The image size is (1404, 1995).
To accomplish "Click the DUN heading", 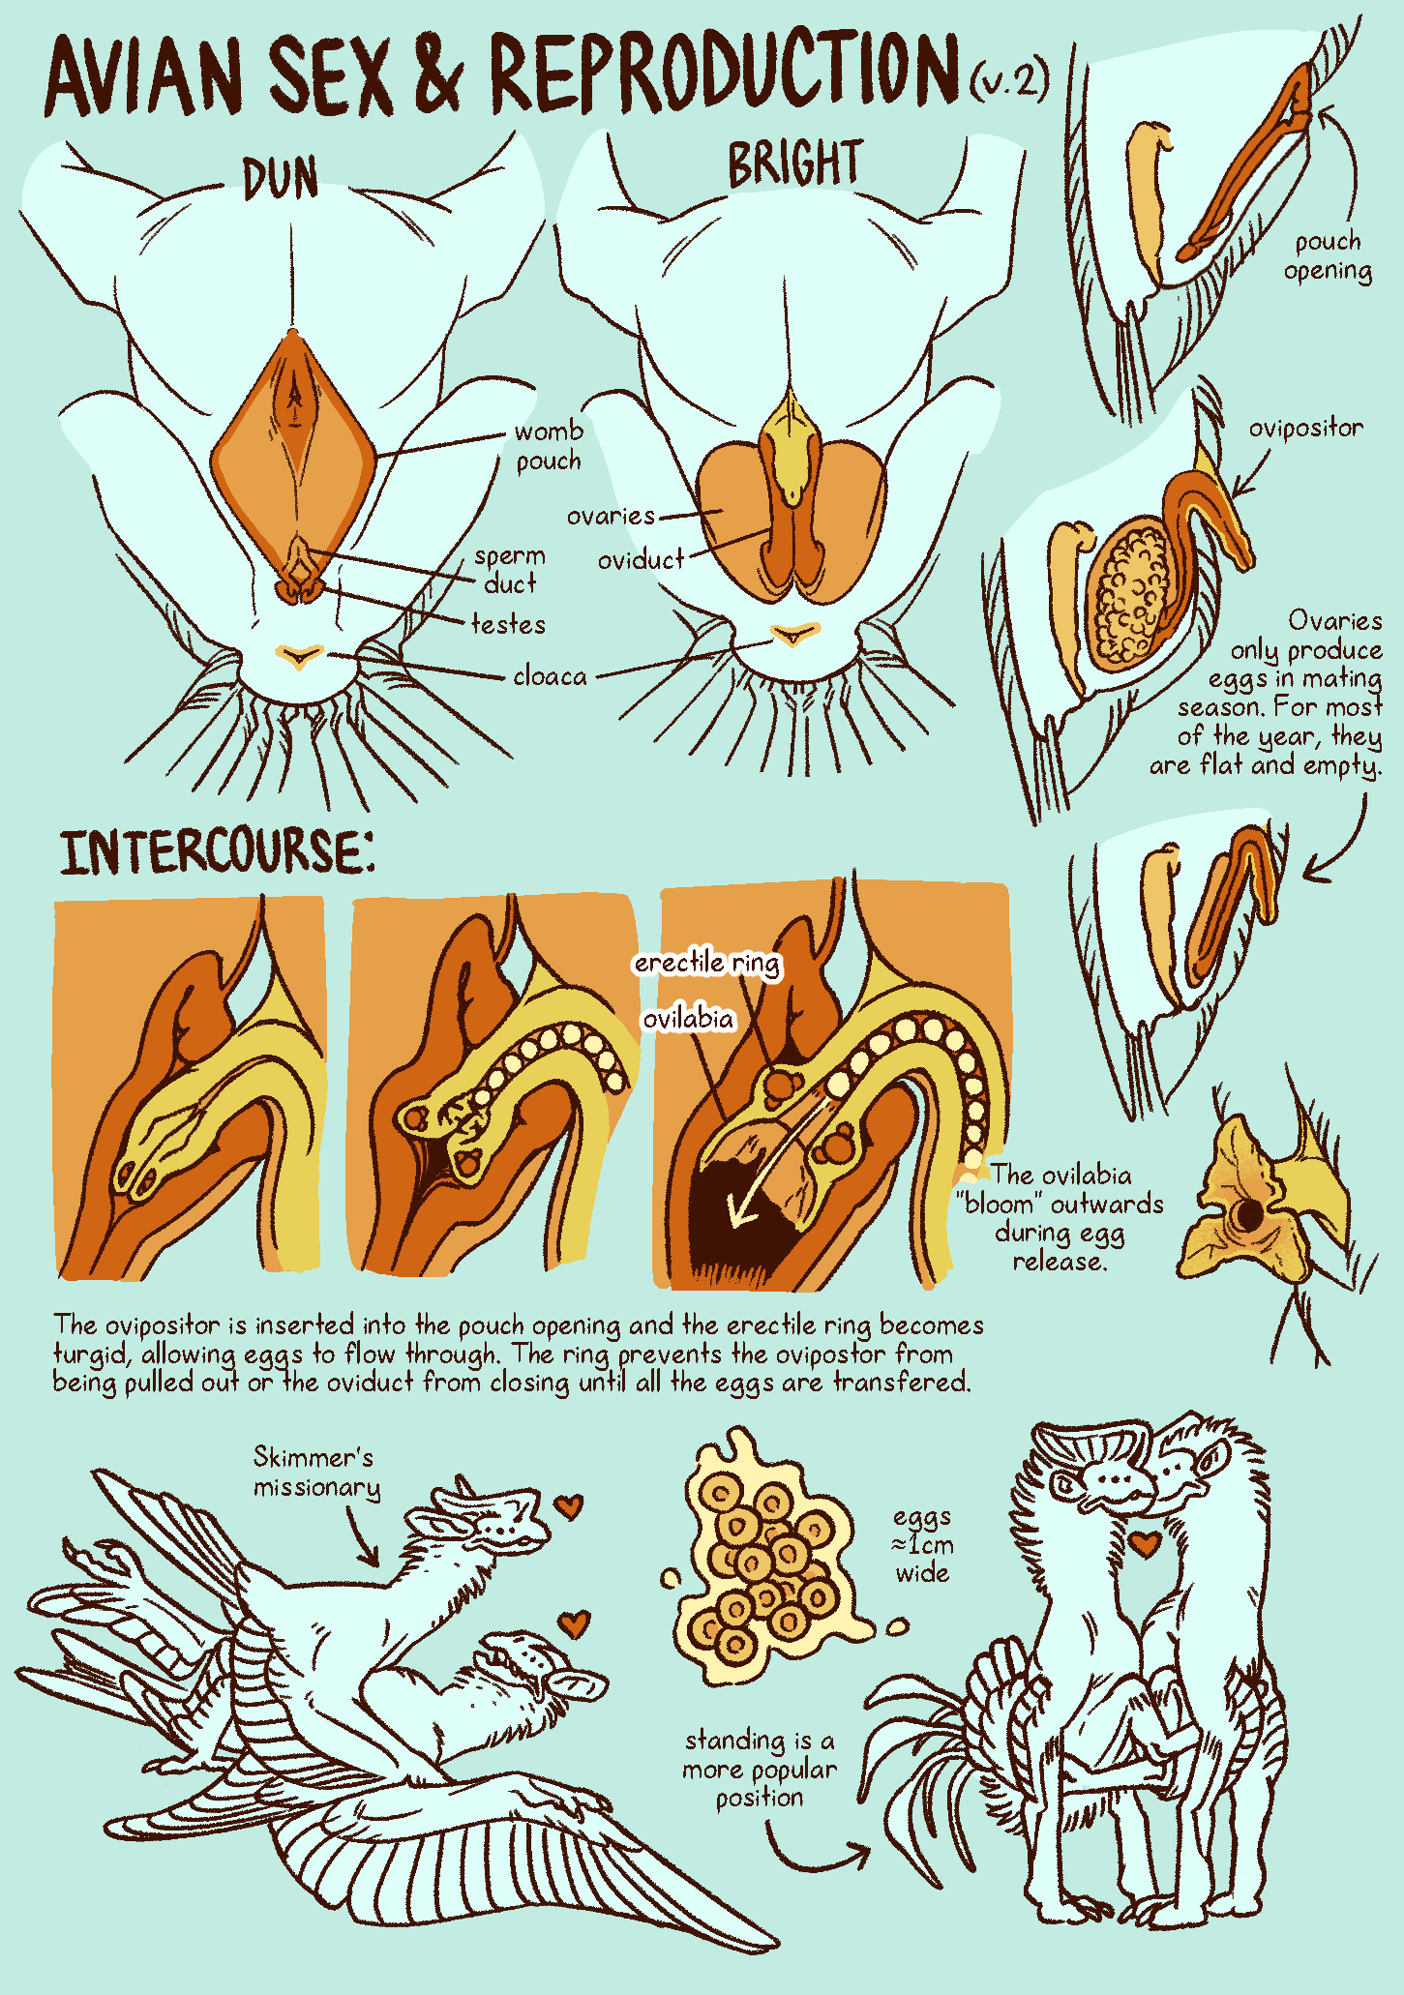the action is click(280, 179).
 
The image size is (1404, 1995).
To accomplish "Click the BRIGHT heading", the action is click(794, 163).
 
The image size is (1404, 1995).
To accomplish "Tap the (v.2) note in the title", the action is click(1010, 79).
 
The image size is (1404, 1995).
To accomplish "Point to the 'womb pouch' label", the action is click(549, 445).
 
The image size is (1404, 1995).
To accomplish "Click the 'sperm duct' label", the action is click(510, 570).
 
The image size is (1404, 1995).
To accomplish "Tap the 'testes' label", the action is click(508, 624).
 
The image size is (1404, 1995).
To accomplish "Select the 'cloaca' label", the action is click(550, 675).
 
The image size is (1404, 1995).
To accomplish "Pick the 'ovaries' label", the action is click(611, 516).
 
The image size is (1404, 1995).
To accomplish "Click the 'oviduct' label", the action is click(641, 559).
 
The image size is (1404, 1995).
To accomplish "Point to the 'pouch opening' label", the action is click(1328, 255).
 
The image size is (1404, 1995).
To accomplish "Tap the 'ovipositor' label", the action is click(1305, 428).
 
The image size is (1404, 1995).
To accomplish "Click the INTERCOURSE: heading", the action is click(218, 851).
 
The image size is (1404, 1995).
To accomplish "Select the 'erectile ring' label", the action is click(707, 963).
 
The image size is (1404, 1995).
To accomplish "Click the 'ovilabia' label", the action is click(688, 1018).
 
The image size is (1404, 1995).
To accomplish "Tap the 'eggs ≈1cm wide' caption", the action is click(922, 1544).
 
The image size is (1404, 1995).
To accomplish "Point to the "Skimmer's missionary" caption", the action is click(317, 1472).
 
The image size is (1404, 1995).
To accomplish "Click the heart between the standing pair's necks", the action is click(1147, 1542).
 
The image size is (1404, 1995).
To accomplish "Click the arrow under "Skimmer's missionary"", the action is click(360, 1538).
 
